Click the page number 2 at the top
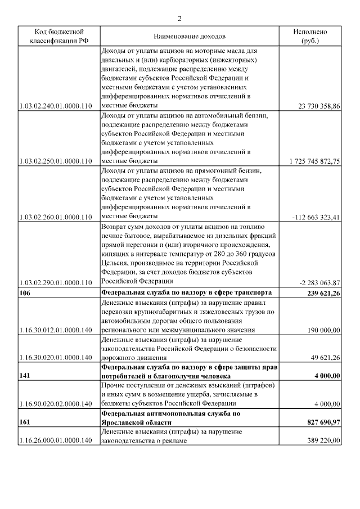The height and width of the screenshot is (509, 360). (x=180, y=19)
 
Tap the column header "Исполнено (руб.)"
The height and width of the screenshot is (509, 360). (x=317, y=37)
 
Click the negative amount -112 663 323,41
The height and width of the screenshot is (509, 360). (x=316, y=218)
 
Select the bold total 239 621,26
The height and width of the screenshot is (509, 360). (x=320, y=293)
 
